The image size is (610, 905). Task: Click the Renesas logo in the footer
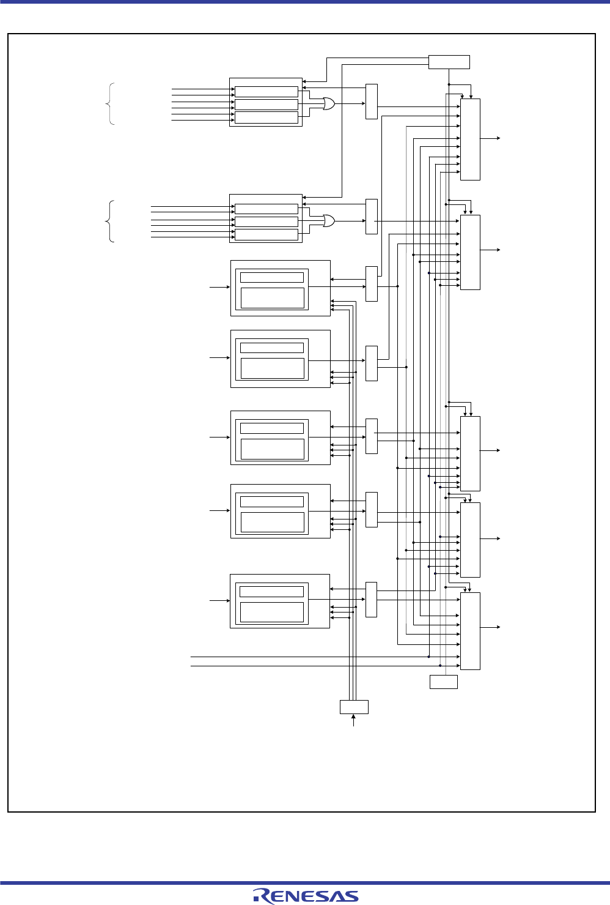point(306,896)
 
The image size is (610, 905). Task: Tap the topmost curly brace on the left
point(111,104)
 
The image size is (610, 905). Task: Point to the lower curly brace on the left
point(111,221)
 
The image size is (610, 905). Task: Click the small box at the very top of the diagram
point(449,62)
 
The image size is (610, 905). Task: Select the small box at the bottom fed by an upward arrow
point(354,707)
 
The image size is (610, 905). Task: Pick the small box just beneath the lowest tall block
point(444,682)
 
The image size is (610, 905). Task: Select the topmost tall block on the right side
point(470,139)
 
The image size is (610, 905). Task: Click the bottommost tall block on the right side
point(470,631)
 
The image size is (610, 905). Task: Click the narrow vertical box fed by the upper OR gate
point(372,102)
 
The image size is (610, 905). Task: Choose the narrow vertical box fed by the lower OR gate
point(372,217)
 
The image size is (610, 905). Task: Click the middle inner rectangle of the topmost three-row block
point(266,105)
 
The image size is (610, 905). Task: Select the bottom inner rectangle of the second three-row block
point(266,234)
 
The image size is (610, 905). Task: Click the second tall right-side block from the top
point(470,252)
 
